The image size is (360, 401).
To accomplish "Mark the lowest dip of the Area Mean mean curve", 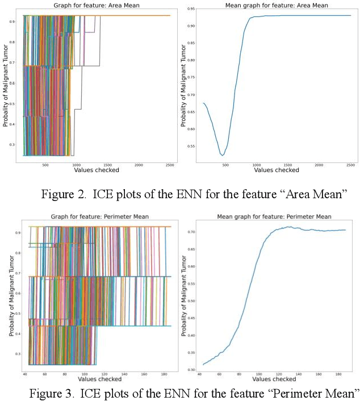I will [x=223, y=154].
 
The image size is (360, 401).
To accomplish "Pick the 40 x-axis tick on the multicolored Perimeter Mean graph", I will [x=25, y=375].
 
